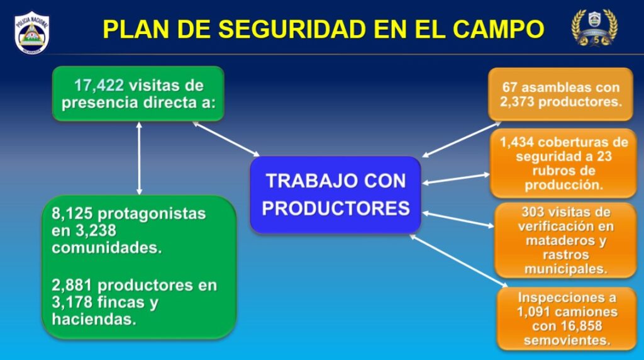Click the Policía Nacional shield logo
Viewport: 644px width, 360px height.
point(31,33)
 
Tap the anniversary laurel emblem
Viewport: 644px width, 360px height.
point(594,28)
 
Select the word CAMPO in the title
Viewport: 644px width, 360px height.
point(498,29)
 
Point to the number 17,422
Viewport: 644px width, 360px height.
point(99,86)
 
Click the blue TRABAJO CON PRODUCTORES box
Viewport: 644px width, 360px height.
point(336,194)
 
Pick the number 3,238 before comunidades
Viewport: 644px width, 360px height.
point(96,231)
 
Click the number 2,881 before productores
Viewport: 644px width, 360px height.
point(72,285)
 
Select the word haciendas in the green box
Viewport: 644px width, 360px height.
point(94,319)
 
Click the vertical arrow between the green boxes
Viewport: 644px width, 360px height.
point(139,158)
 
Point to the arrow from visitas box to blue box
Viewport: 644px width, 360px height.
point(226,139)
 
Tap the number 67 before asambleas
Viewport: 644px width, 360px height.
point(509,87)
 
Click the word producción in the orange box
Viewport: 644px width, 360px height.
point(564,185)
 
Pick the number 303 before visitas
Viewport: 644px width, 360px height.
point(532,212)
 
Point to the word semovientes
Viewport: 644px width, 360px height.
point(567,340)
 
